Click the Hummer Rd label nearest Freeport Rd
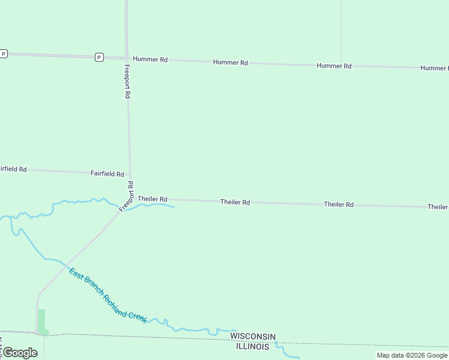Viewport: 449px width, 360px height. [150, 59]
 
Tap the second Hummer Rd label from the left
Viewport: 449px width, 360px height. [231, 62]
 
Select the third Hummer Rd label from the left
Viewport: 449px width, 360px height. [334, 65]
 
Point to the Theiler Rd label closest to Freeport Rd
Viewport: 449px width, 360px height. [152, 199]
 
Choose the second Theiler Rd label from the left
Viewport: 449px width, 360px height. [235, 202]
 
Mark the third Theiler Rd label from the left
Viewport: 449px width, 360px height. [339, 205]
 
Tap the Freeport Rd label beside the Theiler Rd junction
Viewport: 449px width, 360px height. [126, 196]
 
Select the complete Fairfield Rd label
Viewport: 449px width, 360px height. [107, 173]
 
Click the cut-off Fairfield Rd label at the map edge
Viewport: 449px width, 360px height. [13, 169]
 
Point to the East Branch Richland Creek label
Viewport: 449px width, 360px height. [108, 295]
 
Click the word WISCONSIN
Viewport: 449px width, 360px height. [253, 336]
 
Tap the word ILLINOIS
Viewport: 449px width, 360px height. [253, 346]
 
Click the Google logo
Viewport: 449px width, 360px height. [20, 353]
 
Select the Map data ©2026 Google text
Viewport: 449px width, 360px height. [412, 355]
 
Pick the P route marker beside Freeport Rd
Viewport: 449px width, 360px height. [99, 57]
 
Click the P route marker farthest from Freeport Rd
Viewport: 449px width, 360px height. [4, 53]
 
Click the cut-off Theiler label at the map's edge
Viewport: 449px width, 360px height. [438, 207]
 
